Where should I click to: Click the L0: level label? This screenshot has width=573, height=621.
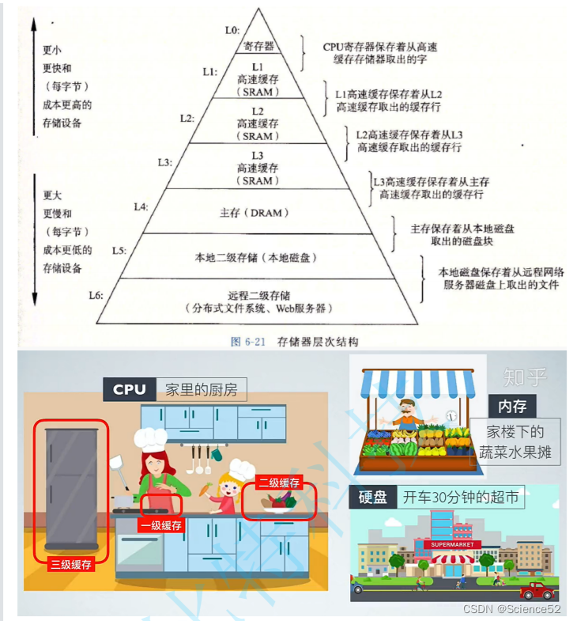point(232,30)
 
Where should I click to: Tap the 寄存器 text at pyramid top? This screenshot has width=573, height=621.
point(258,47)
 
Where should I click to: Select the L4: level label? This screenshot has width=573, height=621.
point(141,206)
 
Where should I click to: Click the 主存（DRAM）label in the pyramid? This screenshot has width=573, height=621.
point(254,213)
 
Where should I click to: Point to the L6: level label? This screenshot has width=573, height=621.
point(96,295)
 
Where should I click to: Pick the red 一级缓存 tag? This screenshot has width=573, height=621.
point(160,525)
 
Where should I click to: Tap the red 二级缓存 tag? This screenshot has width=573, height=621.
point(278,483)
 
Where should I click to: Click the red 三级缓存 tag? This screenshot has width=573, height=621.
point(71,564)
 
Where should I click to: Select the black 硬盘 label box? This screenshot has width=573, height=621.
point(372,497)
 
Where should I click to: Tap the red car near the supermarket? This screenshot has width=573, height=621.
point(537,590)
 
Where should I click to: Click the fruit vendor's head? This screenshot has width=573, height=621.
point(407,410)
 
